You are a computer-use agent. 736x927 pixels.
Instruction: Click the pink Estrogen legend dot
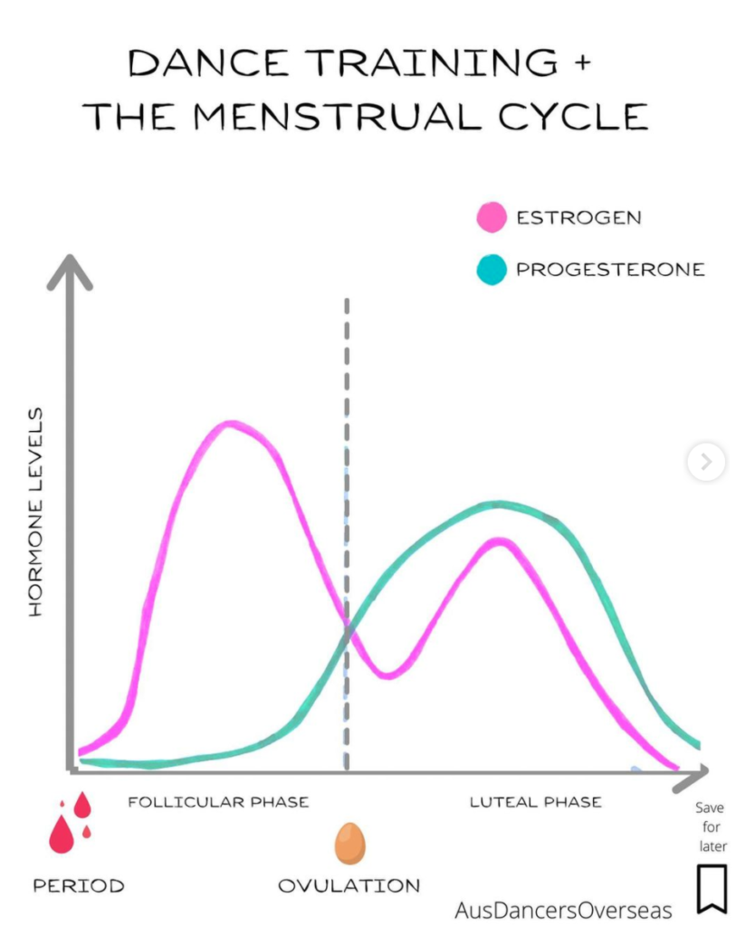click(491, 217)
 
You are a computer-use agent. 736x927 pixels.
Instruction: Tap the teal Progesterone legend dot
click(491, 270)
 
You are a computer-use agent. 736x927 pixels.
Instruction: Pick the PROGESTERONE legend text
click(609, 270)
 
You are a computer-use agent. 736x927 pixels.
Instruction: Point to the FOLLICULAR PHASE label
click(218, 802)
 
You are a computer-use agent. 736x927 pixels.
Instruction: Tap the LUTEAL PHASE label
click(535, 802)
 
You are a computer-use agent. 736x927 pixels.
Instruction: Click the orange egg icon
click(349, 844)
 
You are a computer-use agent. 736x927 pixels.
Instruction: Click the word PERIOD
click(79, 885)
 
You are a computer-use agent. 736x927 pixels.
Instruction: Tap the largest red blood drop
click(62, 835)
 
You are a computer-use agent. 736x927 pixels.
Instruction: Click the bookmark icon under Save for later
click(711, 889)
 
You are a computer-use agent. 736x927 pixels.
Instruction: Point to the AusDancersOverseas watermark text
click(564, 909)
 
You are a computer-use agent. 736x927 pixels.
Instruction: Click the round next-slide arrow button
click(705, 463)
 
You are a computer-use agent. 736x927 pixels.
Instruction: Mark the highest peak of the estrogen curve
click(232, 423)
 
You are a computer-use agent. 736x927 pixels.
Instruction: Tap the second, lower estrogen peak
click(499, 541)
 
